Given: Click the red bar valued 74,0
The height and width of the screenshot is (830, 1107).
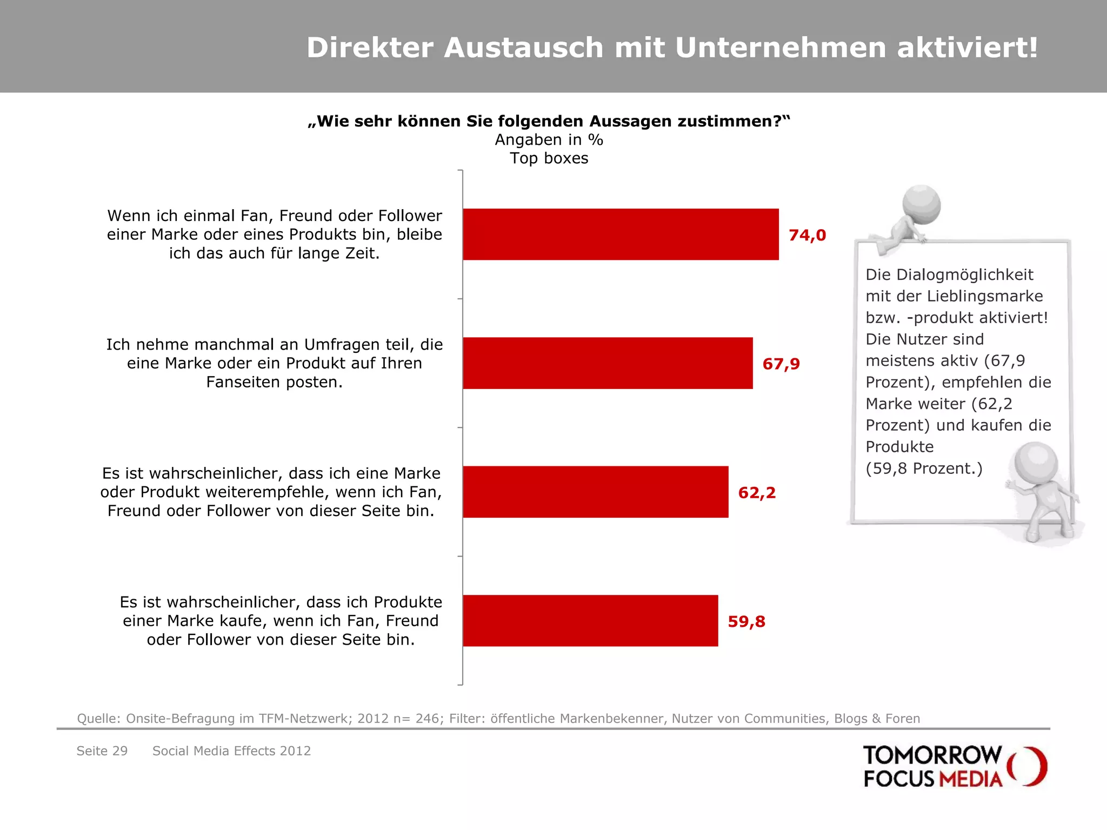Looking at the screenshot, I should tap(621, 235).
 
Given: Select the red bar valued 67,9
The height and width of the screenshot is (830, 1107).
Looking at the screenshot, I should tap(608, 363).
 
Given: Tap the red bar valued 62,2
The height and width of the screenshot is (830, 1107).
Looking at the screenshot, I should tap(596, 492).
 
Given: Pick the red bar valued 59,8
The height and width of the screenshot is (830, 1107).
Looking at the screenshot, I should tap(590, 620).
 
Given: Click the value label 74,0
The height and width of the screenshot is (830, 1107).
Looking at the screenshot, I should tap(807, 236).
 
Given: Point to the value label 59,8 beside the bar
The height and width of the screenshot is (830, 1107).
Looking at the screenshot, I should tap(746, 622).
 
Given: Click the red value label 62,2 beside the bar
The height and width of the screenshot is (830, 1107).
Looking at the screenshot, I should tap(757, 493).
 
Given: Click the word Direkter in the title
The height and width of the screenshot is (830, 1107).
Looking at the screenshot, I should tap(370, 48).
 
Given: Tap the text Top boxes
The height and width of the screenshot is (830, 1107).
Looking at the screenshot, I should tap(549, 158).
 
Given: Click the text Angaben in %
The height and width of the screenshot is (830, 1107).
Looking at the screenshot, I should tap(549, 140).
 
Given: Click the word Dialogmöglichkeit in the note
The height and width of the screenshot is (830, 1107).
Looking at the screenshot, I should tap(949, 275).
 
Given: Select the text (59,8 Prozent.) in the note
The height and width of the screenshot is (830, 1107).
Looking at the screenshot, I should tap(924, 468).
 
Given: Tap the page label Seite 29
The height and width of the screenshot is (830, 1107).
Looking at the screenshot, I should tap(102, 751).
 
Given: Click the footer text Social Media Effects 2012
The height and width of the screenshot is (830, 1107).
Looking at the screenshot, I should tap(231, 751).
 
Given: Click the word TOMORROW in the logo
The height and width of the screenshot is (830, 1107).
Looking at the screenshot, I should tap(932, 755).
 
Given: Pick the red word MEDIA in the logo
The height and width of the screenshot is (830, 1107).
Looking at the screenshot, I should tap(971, 779).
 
